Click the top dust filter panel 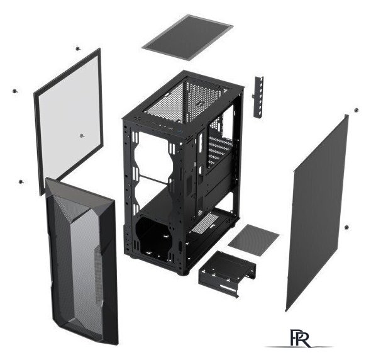(187, 37)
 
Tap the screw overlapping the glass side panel (82, 136)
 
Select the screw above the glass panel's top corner (77, 48)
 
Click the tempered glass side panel (69, 121)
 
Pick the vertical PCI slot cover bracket (258, 97)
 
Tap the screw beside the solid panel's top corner (356, 110)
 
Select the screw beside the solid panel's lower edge (346, 227)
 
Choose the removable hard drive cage (227, 273)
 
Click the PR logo (300, 338)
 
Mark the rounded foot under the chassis (184, 273)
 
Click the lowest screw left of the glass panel (21, 182)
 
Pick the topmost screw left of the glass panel (15, 91)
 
